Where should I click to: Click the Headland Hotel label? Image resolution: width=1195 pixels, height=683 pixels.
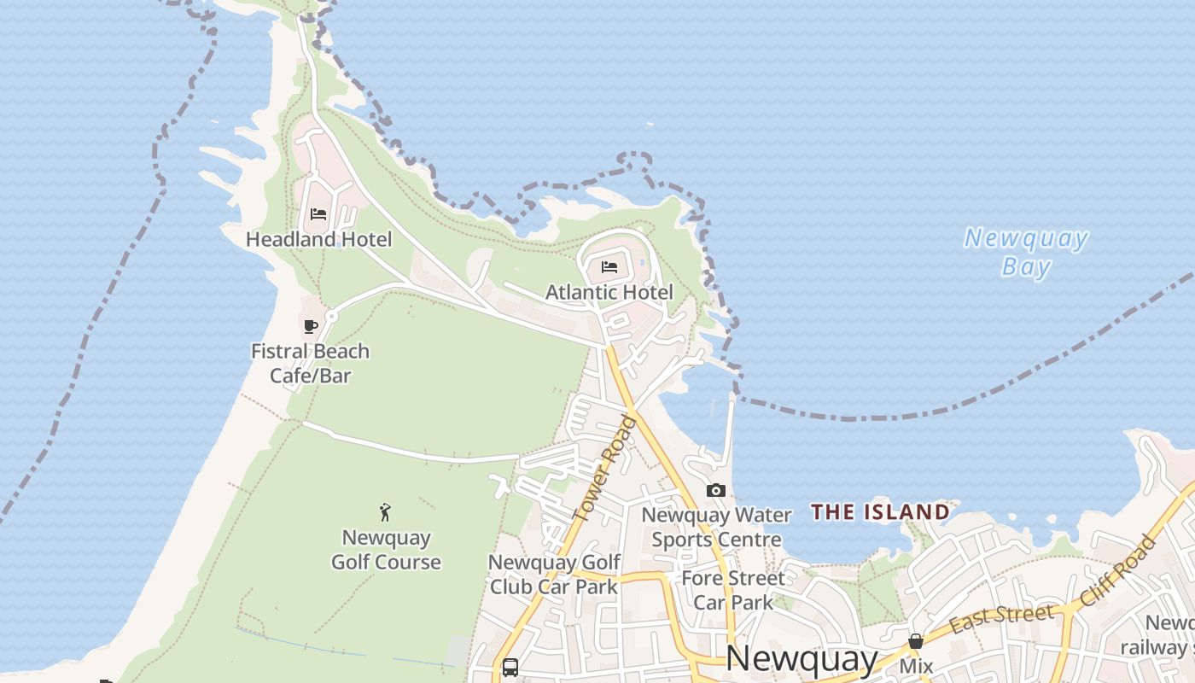click(318, 239)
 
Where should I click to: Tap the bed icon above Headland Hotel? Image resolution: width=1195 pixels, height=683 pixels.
click(318, 213)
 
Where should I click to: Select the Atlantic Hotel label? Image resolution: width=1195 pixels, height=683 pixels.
click(609, 292)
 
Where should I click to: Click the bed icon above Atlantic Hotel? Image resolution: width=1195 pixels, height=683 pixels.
click(609, 267)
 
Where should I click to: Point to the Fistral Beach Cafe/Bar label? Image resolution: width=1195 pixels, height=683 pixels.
click(310, 363)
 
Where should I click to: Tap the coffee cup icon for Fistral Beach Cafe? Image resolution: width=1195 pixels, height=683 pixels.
click(311, 326)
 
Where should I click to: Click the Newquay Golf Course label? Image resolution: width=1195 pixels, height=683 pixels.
click(386, 550)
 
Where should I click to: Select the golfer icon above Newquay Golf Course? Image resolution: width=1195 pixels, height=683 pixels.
click(386, 512)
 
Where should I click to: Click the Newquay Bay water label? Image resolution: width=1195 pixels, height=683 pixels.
click(1026, 253)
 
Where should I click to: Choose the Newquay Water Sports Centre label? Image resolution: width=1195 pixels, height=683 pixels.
click(716, 527)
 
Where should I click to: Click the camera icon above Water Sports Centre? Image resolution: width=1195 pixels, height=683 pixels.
click(716, 490)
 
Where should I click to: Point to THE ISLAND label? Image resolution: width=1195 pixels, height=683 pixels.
click(880, 512)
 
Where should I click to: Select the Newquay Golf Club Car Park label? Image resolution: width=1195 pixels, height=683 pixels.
click(554, 575)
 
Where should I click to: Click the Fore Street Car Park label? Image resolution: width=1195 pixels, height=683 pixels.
click(733, 590)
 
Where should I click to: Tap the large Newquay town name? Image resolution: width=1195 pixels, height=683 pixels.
click(801, 658)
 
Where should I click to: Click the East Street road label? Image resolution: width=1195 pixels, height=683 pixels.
click(1001, 619)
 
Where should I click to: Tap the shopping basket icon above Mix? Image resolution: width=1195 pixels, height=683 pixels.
click(916, 641)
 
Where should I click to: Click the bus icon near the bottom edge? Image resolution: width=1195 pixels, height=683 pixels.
click(510, 668)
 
